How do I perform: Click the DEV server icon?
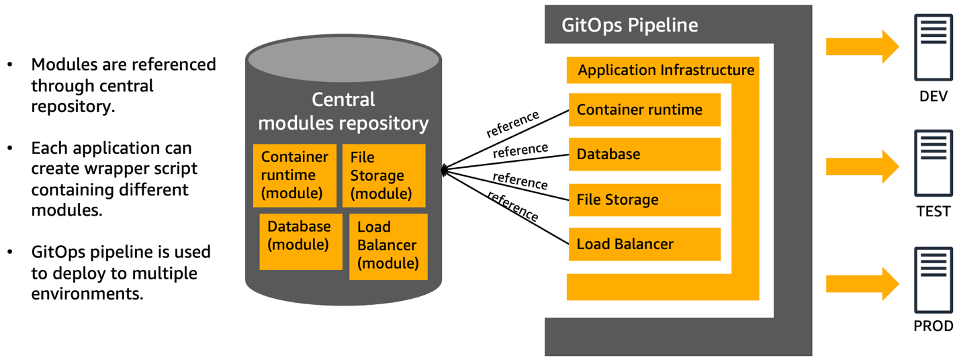click(x=933, y=50)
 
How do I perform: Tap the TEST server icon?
click(x=933, y=165)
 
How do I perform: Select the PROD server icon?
click(x=933, y=280)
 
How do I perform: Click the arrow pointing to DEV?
click(x=862, y=47)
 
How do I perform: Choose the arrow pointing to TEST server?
click(x=862, y=166)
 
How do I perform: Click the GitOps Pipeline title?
click(x=630, y=26)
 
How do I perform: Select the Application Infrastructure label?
click(x=666, y=70)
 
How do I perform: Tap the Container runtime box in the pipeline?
click(x=644, y=109)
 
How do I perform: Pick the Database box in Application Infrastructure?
click(x=644, y=154)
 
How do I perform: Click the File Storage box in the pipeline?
click(x=644, y=199)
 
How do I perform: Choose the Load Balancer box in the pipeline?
click(x=644, y=244)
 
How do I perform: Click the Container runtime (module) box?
click(x=294, y=175)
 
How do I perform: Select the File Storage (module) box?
click(x=383, y=175)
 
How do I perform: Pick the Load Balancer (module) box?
click(x=388, y=246)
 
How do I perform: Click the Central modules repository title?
click(x=343, y=111)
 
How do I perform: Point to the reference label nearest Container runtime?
click(x=513, y=124)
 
